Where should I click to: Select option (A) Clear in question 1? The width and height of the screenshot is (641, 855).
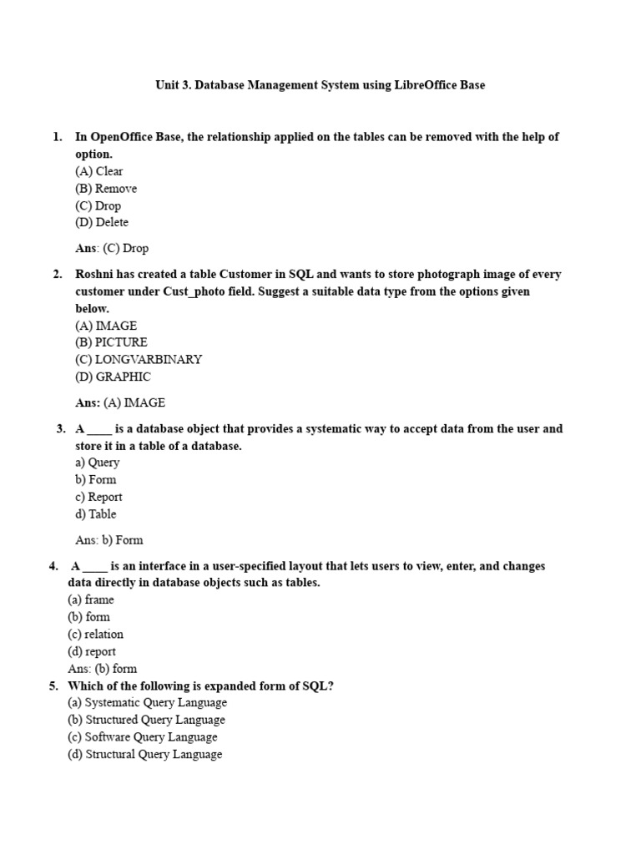99,171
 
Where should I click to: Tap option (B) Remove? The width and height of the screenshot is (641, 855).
106,189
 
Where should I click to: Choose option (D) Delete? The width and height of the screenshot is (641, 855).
102,222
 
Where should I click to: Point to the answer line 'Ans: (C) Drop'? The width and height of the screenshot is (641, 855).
112,248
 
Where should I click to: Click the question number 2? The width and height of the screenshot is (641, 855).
58,274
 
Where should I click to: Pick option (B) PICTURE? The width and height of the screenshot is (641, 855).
111,342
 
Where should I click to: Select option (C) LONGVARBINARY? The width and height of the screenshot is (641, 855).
139,359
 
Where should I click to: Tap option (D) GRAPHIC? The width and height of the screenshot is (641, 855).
113,377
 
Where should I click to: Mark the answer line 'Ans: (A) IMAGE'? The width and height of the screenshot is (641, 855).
120,402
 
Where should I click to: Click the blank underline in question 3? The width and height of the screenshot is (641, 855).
98,430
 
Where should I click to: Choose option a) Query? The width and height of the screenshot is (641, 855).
98,463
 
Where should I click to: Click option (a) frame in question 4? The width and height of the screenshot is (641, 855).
91,600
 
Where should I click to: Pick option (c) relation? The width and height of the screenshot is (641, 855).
95,634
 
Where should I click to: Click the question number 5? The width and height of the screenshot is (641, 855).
53,686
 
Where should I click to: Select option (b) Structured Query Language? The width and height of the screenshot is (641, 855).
147,720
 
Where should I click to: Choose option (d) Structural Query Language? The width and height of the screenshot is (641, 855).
145,754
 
